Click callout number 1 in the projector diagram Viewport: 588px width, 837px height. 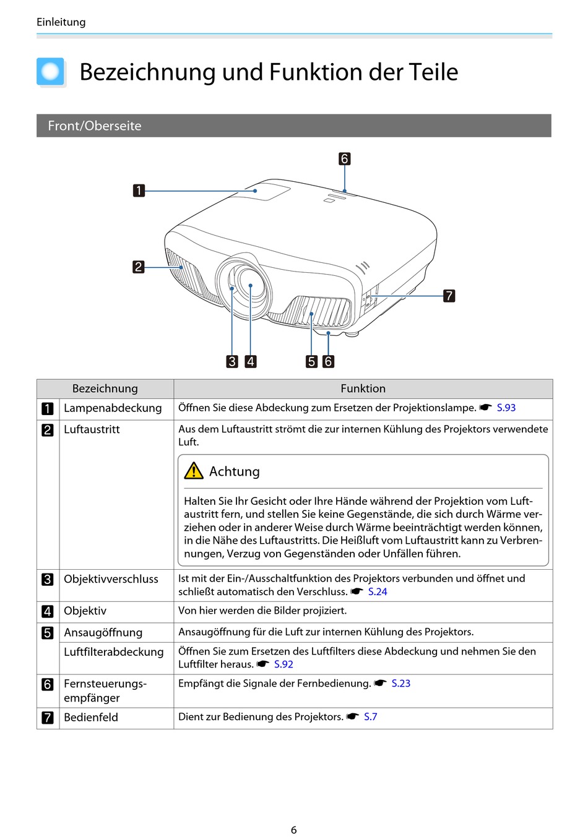pyautogui.click(x=139, y=191)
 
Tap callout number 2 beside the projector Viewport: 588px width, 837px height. pyautogui.click(x=139, y=267)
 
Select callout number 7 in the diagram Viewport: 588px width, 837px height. pyautogui.click(x=449, y=296)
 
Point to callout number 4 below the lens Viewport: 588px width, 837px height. pyautogui.click(x=251, y=361)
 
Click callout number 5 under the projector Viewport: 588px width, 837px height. pyautogui.click(x=312, y=361)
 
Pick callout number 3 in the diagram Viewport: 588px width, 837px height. pyautogui.click(x=232, y=361)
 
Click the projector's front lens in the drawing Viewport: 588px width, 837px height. pyautogui.click(x=250, y=285)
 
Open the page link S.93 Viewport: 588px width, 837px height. pyautogui.click(x=506, y=408)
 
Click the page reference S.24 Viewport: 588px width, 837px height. pyautogui.click(x=378, y=591)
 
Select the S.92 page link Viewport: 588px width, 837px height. pyautogui.click(x=283, y=664)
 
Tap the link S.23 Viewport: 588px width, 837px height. pyautogui.click(x=400, y=683)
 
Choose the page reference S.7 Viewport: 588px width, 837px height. pyautogui.click(x=370, y=716)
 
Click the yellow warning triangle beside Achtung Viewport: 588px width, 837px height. pyautogui.click(x=194, y=471)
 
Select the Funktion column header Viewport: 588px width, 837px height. pyautogui.click(x=363, y=388)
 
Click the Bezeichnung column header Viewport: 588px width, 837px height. pyautogui.click(x=105, y=388)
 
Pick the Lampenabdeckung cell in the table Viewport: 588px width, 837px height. pyautogui.click(x=113, y=408)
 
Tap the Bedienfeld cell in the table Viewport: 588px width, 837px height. pyautogui.click(x=91, y=717)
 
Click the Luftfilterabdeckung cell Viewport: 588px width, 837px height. pyautogui.click(x=114, y=651)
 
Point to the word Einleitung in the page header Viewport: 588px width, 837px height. pyautogui.click(x=61, y=22)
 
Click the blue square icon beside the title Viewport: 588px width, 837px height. pyautogui.click(x=50, y=72)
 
